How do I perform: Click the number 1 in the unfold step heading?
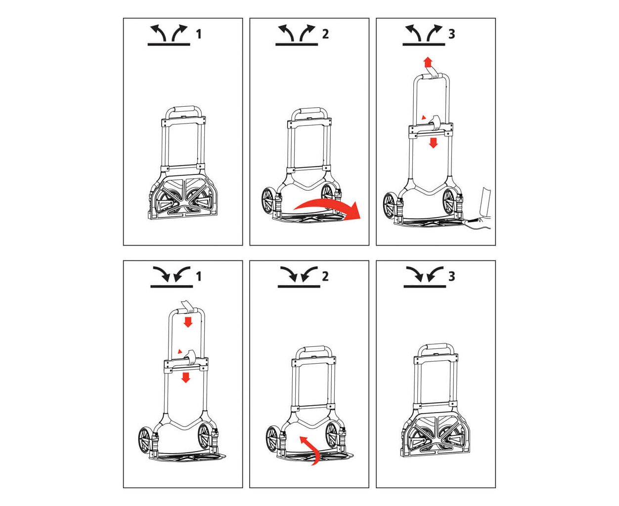(199, 34)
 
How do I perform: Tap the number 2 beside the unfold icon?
(325, 34)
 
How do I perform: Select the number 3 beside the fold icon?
(451, 276)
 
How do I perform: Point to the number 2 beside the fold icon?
(325, 276)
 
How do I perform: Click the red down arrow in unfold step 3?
(433, 143)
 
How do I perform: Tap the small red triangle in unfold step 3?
(424, 118)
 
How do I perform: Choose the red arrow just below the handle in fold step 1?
(187, 322)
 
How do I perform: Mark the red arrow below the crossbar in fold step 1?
(185, 377)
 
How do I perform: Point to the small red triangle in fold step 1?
(180, 351)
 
